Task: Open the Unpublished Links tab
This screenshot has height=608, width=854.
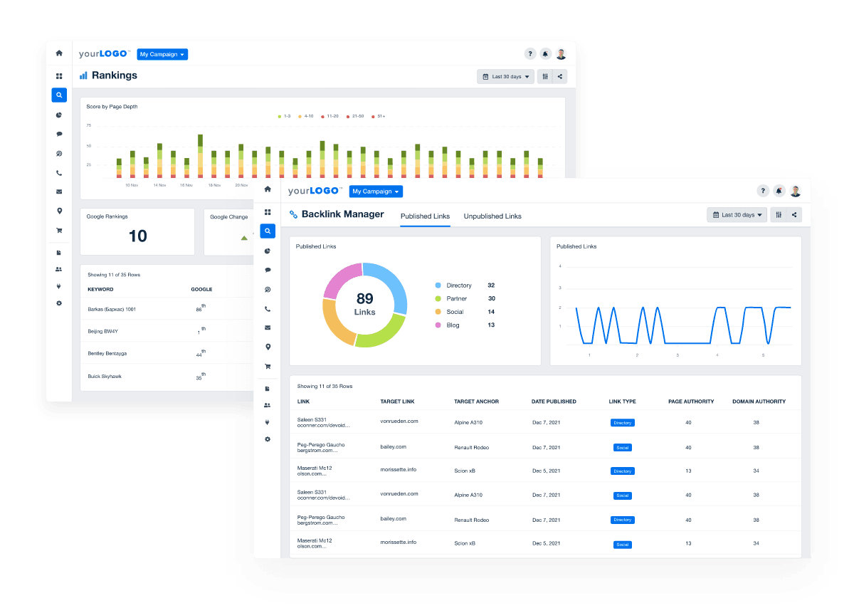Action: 492,216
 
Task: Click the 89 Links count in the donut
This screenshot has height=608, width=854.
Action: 364,304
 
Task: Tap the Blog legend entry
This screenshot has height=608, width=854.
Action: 453,325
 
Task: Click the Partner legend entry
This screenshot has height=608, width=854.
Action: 456,299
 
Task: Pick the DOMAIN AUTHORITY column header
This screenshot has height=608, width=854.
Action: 759,402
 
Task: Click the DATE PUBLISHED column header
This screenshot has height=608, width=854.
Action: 554,402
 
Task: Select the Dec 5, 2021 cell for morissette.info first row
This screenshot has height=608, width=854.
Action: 546,471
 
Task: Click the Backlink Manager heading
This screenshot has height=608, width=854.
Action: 342,214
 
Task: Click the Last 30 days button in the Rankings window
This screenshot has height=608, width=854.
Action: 506,77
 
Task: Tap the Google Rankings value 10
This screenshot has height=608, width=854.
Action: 137,236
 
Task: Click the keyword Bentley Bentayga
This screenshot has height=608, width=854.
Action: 107,353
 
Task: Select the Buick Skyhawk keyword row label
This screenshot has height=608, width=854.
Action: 105,376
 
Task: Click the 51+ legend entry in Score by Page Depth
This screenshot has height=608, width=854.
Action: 381,116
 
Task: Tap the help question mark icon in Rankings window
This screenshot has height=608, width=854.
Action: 529,53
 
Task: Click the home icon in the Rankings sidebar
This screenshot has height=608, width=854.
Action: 59,53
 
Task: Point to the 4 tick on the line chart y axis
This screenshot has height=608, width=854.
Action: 560,266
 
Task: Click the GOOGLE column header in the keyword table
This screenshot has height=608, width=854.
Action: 201,290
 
